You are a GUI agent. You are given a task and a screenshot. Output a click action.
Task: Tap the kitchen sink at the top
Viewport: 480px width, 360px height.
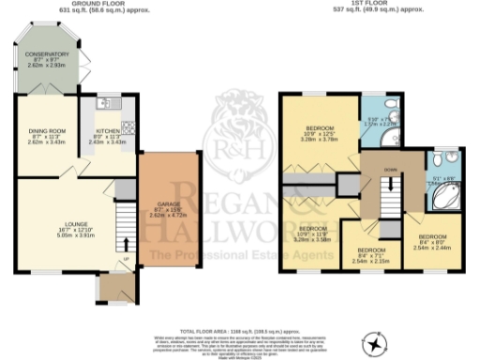[105, 100]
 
